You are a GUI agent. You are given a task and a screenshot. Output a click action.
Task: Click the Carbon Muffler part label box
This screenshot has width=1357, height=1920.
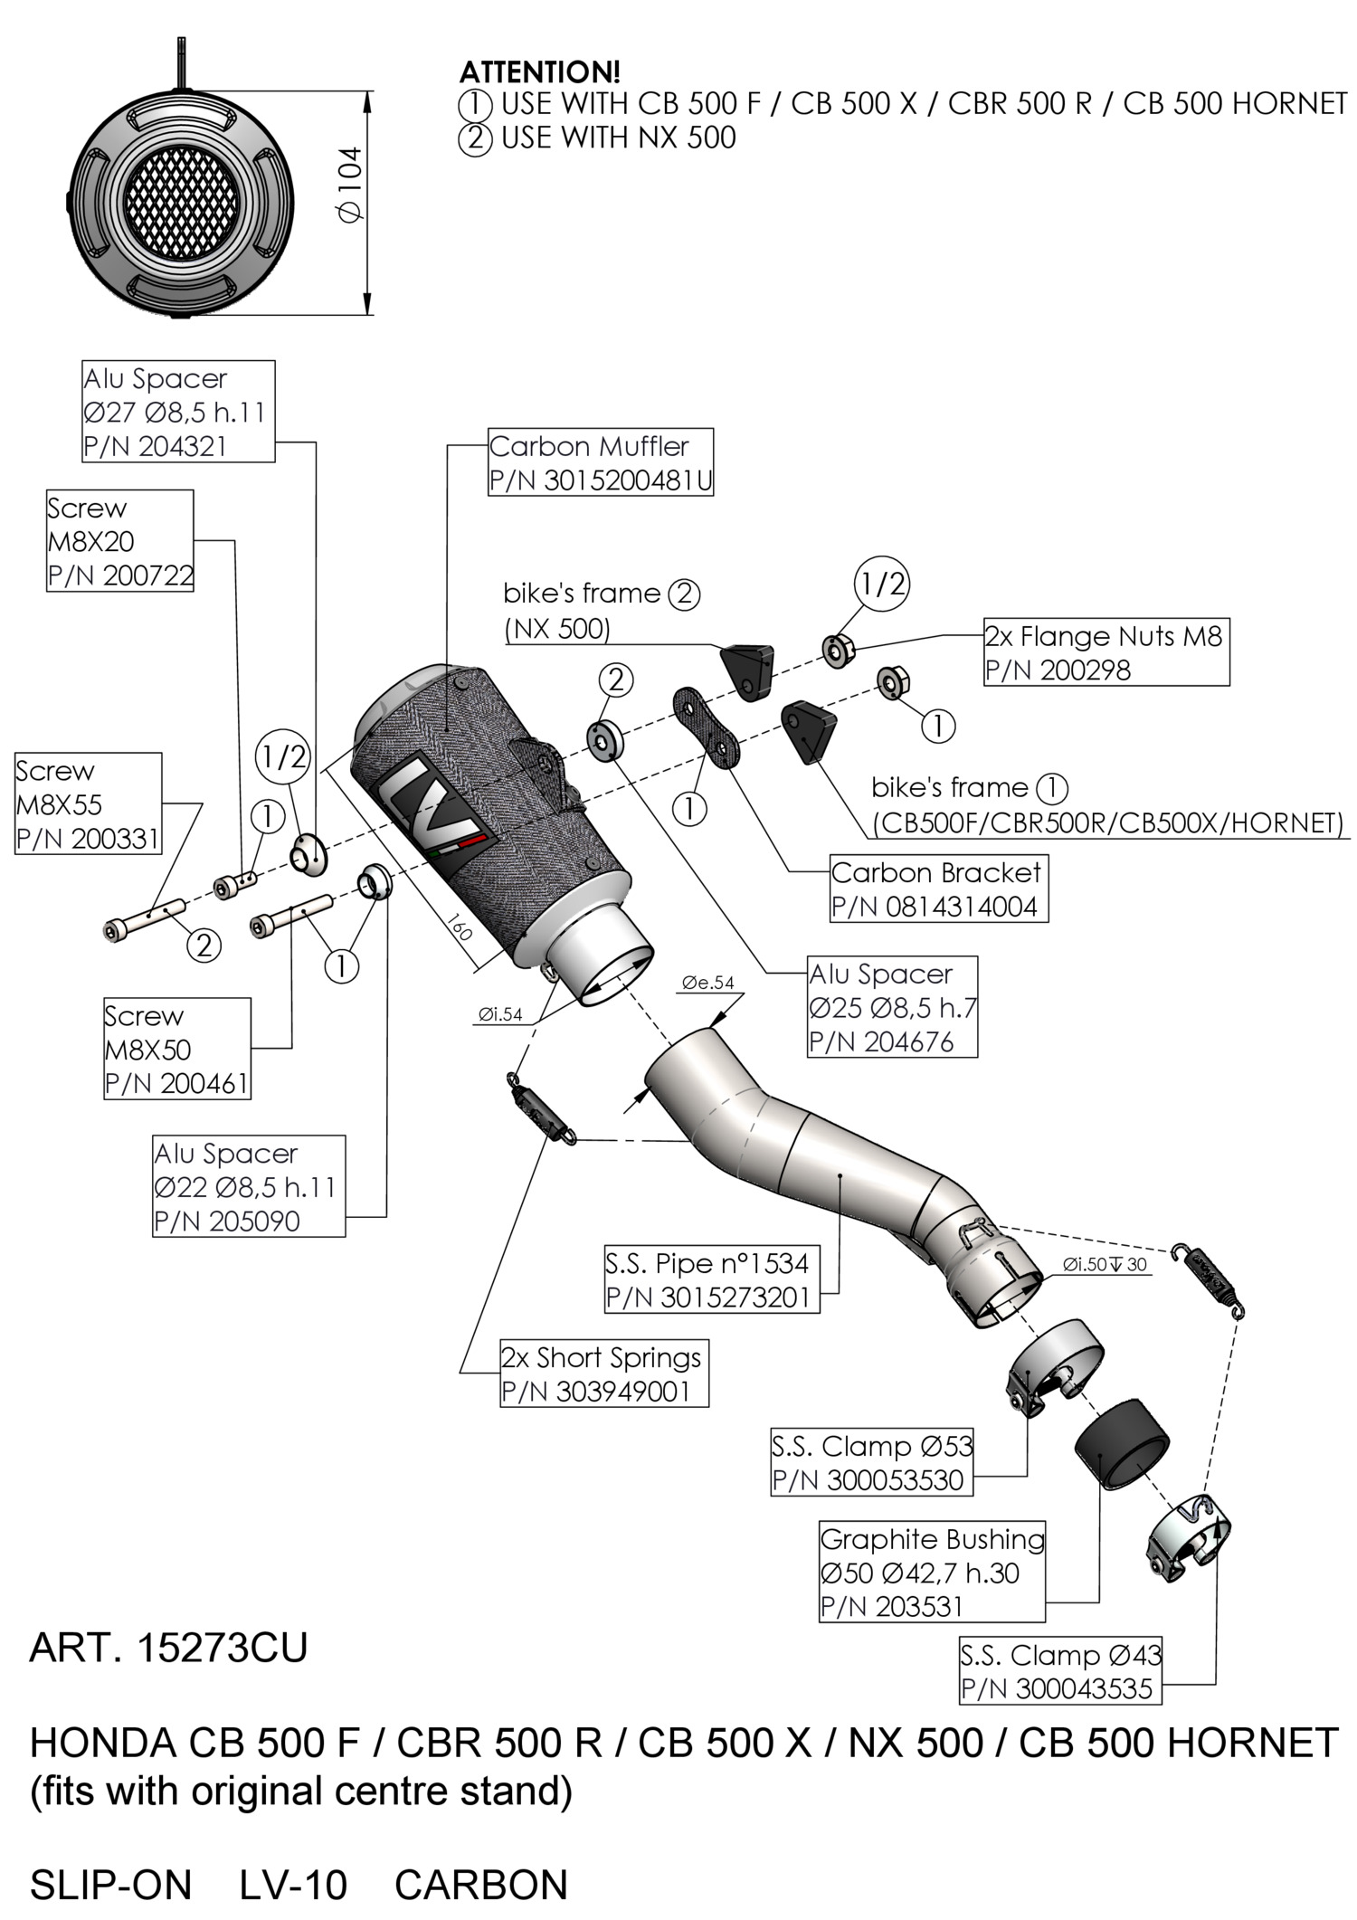(x=600, y=462)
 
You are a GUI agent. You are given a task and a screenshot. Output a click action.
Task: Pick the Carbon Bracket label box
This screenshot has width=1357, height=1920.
(x=938, y=889)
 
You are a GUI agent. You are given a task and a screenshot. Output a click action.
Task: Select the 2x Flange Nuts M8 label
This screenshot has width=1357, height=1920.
(x=1106, y=652)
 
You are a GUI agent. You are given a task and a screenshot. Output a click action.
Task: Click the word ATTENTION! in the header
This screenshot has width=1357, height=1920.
(x=540, y=71)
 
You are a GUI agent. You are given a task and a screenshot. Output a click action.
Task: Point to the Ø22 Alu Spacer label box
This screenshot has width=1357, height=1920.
(x=249, y=1186)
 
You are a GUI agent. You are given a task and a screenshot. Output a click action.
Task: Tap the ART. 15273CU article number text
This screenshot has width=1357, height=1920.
(x=168, y=1649)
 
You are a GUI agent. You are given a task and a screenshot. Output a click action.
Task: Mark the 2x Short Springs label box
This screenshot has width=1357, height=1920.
(x=604, y=1373)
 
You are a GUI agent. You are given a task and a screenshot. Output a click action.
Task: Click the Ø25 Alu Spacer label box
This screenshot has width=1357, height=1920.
(x=892, y=1007)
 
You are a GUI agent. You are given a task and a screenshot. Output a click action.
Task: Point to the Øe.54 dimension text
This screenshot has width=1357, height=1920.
(x=707, y=983)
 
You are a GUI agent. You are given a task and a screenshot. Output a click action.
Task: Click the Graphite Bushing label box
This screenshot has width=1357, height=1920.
(x=932, y=1572)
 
